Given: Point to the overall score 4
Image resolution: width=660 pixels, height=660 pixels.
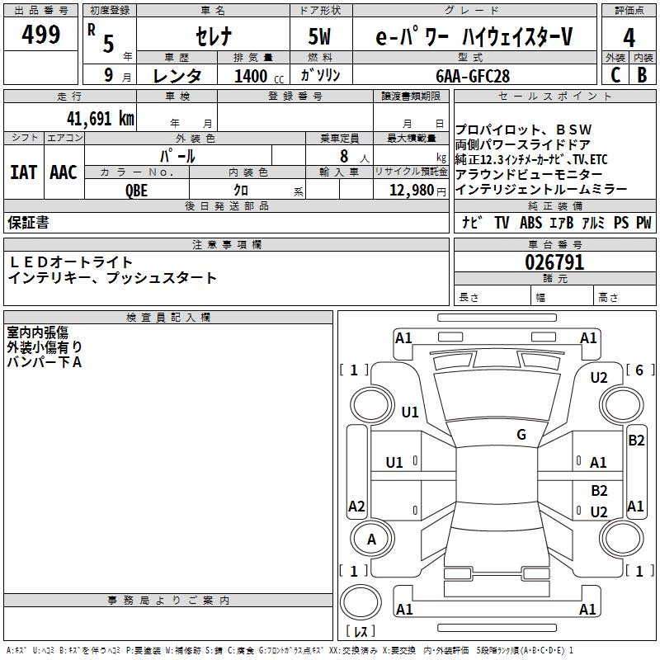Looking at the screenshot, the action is (x=629, y=37).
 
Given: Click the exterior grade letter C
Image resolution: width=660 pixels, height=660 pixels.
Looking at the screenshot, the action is (x=615, y=75).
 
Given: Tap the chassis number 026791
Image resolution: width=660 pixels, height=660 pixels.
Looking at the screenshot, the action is (x=554, y=263).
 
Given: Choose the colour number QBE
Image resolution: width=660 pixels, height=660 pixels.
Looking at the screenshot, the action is (x=137, y=191).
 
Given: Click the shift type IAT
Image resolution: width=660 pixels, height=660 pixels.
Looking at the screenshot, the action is (x=23, y=172).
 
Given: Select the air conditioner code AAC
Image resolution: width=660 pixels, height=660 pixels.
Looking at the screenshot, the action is (x=64, y=172).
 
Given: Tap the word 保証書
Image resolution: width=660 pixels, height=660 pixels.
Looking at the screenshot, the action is (x=28, y=223).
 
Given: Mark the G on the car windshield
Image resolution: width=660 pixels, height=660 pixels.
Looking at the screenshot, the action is (x=521, y=435).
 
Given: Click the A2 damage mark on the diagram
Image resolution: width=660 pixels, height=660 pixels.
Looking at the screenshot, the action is (x=356, y=507).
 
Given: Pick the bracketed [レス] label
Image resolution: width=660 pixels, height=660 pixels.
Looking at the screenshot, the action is (x=361, y=633).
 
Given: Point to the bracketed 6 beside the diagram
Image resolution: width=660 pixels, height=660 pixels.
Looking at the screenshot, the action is (x=638, y=370).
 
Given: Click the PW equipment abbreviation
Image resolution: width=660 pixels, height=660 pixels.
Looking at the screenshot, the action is (x=643, y=223).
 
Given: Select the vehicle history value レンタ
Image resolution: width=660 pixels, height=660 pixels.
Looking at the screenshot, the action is (x=178, y=76).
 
